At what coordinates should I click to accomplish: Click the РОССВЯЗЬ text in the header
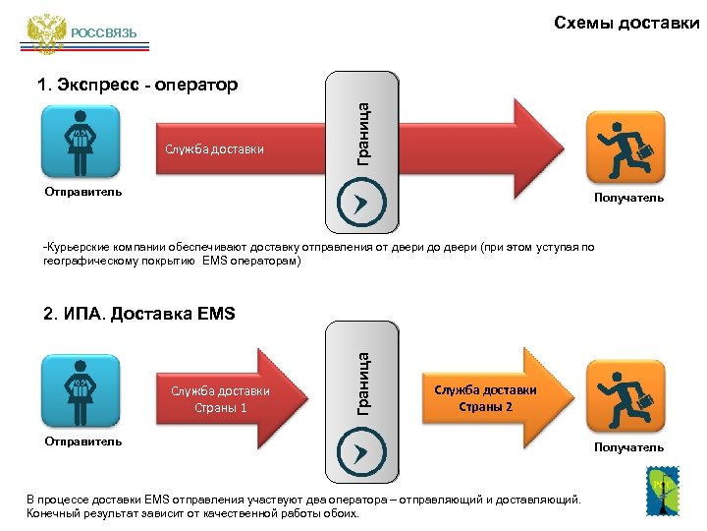click(x=104, y=34)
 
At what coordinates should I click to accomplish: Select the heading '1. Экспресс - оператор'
click(x=137, y=85)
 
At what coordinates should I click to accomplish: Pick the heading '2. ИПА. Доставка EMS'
click(x=139, y=315)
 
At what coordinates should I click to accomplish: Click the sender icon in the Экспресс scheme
click(x=81, y=142)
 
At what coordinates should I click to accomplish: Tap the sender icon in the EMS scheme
click(x=81, y=391)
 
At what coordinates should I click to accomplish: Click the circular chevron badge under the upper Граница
click(x=355, y=203)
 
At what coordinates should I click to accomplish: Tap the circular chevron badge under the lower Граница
click(x=355, y=451)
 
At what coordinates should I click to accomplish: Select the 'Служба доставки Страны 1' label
click(x=220, y=399)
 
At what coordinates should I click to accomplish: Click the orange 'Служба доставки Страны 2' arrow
click(x=487, y=398)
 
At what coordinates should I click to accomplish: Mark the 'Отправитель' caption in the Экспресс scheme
click(x=83, y=192)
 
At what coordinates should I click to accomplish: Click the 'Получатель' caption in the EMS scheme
click(x=628, y=447)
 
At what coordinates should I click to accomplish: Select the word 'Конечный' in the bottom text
click(x=54, y=513)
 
